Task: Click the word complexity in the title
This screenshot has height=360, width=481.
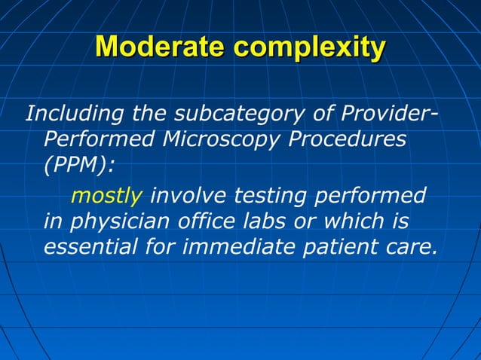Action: coord(309,48)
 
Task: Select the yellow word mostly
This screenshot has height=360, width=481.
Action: coord(106,197)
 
